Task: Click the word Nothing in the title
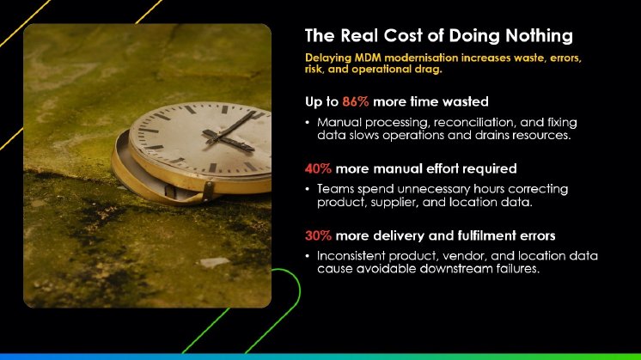point(539,36)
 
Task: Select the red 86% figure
point(356,101)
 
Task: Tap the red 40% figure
point(318,168)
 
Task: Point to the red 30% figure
point(318,235)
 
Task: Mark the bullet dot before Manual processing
point(308,123)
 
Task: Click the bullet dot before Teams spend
point(308,189)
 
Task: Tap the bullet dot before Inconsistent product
point(308,256)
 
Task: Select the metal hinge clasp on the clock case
point(209,190)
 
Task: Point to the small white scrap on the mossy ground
point(215,262)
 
